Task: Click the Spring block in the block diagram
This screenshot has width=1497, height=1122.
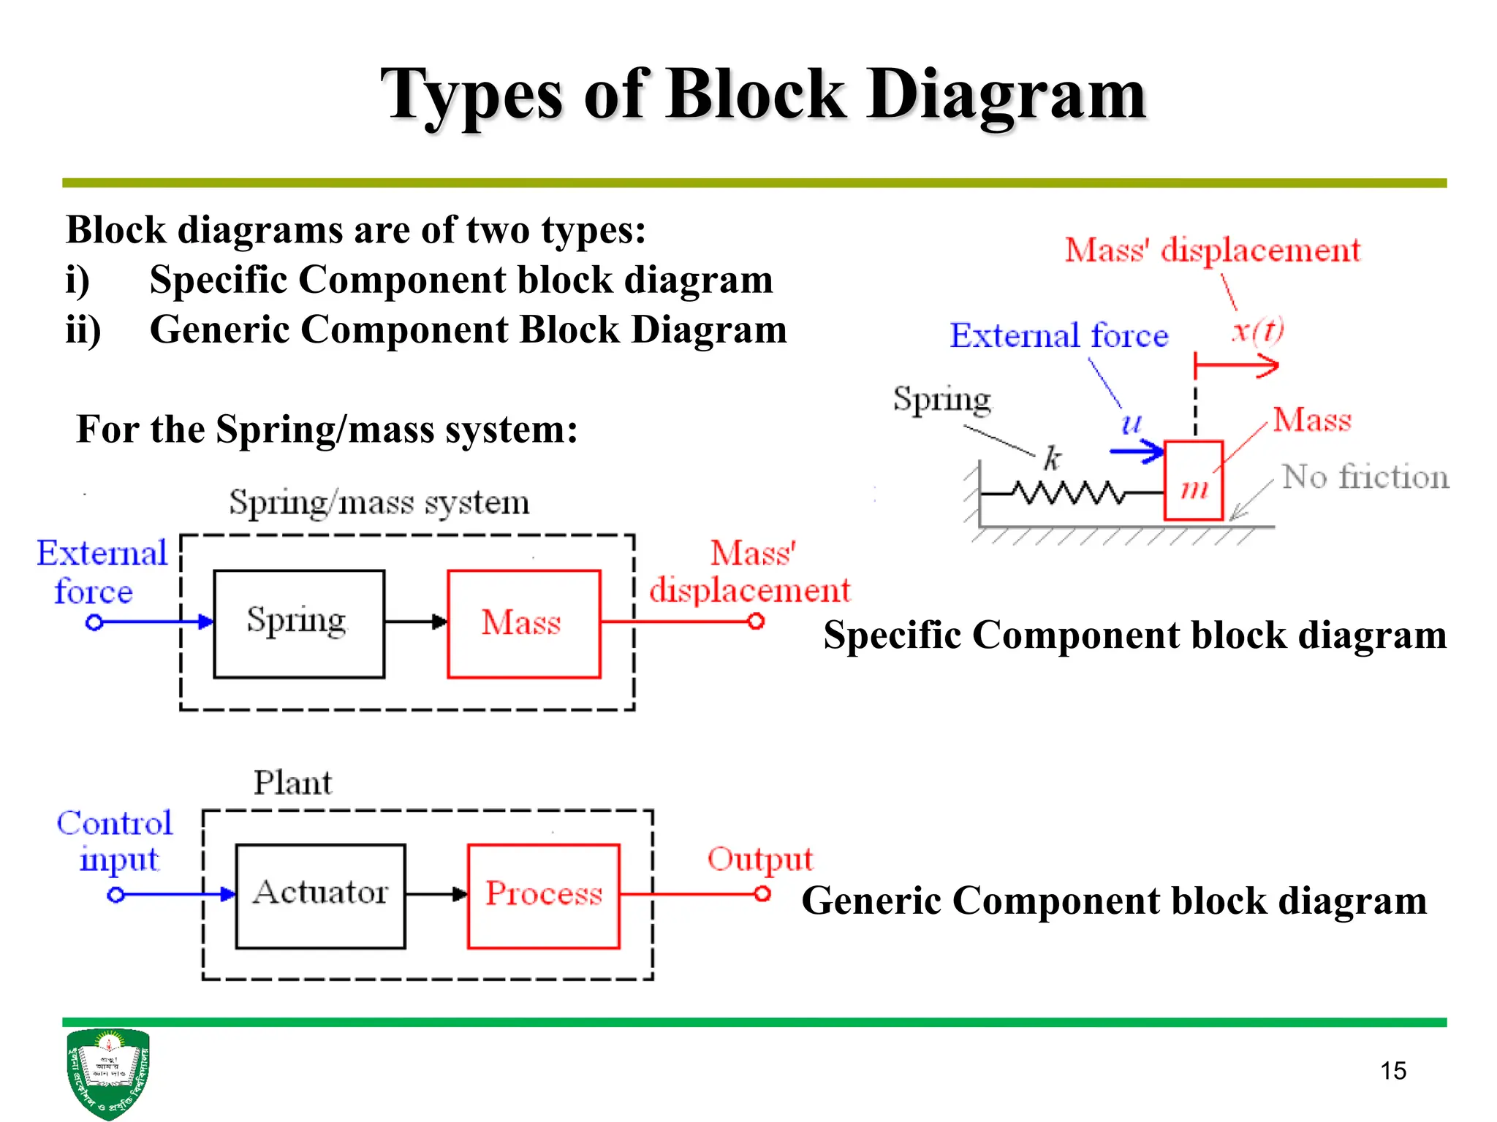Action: [298, 624]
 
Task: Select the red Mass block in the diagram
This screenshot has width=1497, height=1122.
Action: [523, 624]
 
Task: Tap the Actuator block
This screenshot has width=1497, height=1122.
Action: [320, 896]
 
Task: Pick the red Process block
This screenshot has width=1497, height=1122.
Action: [544, 896]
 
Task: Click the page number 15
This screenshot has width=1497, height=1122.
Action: [1392, 1071]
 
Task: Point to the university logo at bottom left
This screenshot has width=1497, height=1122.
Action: [107, 1072]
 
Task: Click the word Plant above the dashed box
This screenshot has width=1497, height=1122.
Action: [292, 783]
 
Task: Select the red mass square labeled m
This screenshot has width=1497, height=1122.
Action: [1193, 481]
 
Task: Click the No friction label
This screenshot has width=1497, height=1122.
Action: [1365, 477]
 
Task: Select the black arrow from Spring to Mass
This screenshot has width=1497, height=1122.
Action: [415, 622]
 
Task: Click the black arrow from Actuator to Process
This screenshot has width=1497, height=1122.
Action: [436, 894]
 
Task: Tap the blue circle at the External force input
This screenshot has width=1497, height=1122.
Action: [94, 622]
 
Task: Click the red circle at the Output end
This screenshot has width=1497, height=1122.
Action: [762, 893]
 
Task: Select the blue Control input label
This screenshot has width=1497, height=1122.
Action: [115, 840]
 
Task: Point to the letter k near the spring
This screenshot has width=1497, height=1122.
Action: [1052, 459]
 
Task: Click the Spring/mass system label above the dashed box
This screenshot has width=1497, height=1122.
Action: [379, 503]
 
